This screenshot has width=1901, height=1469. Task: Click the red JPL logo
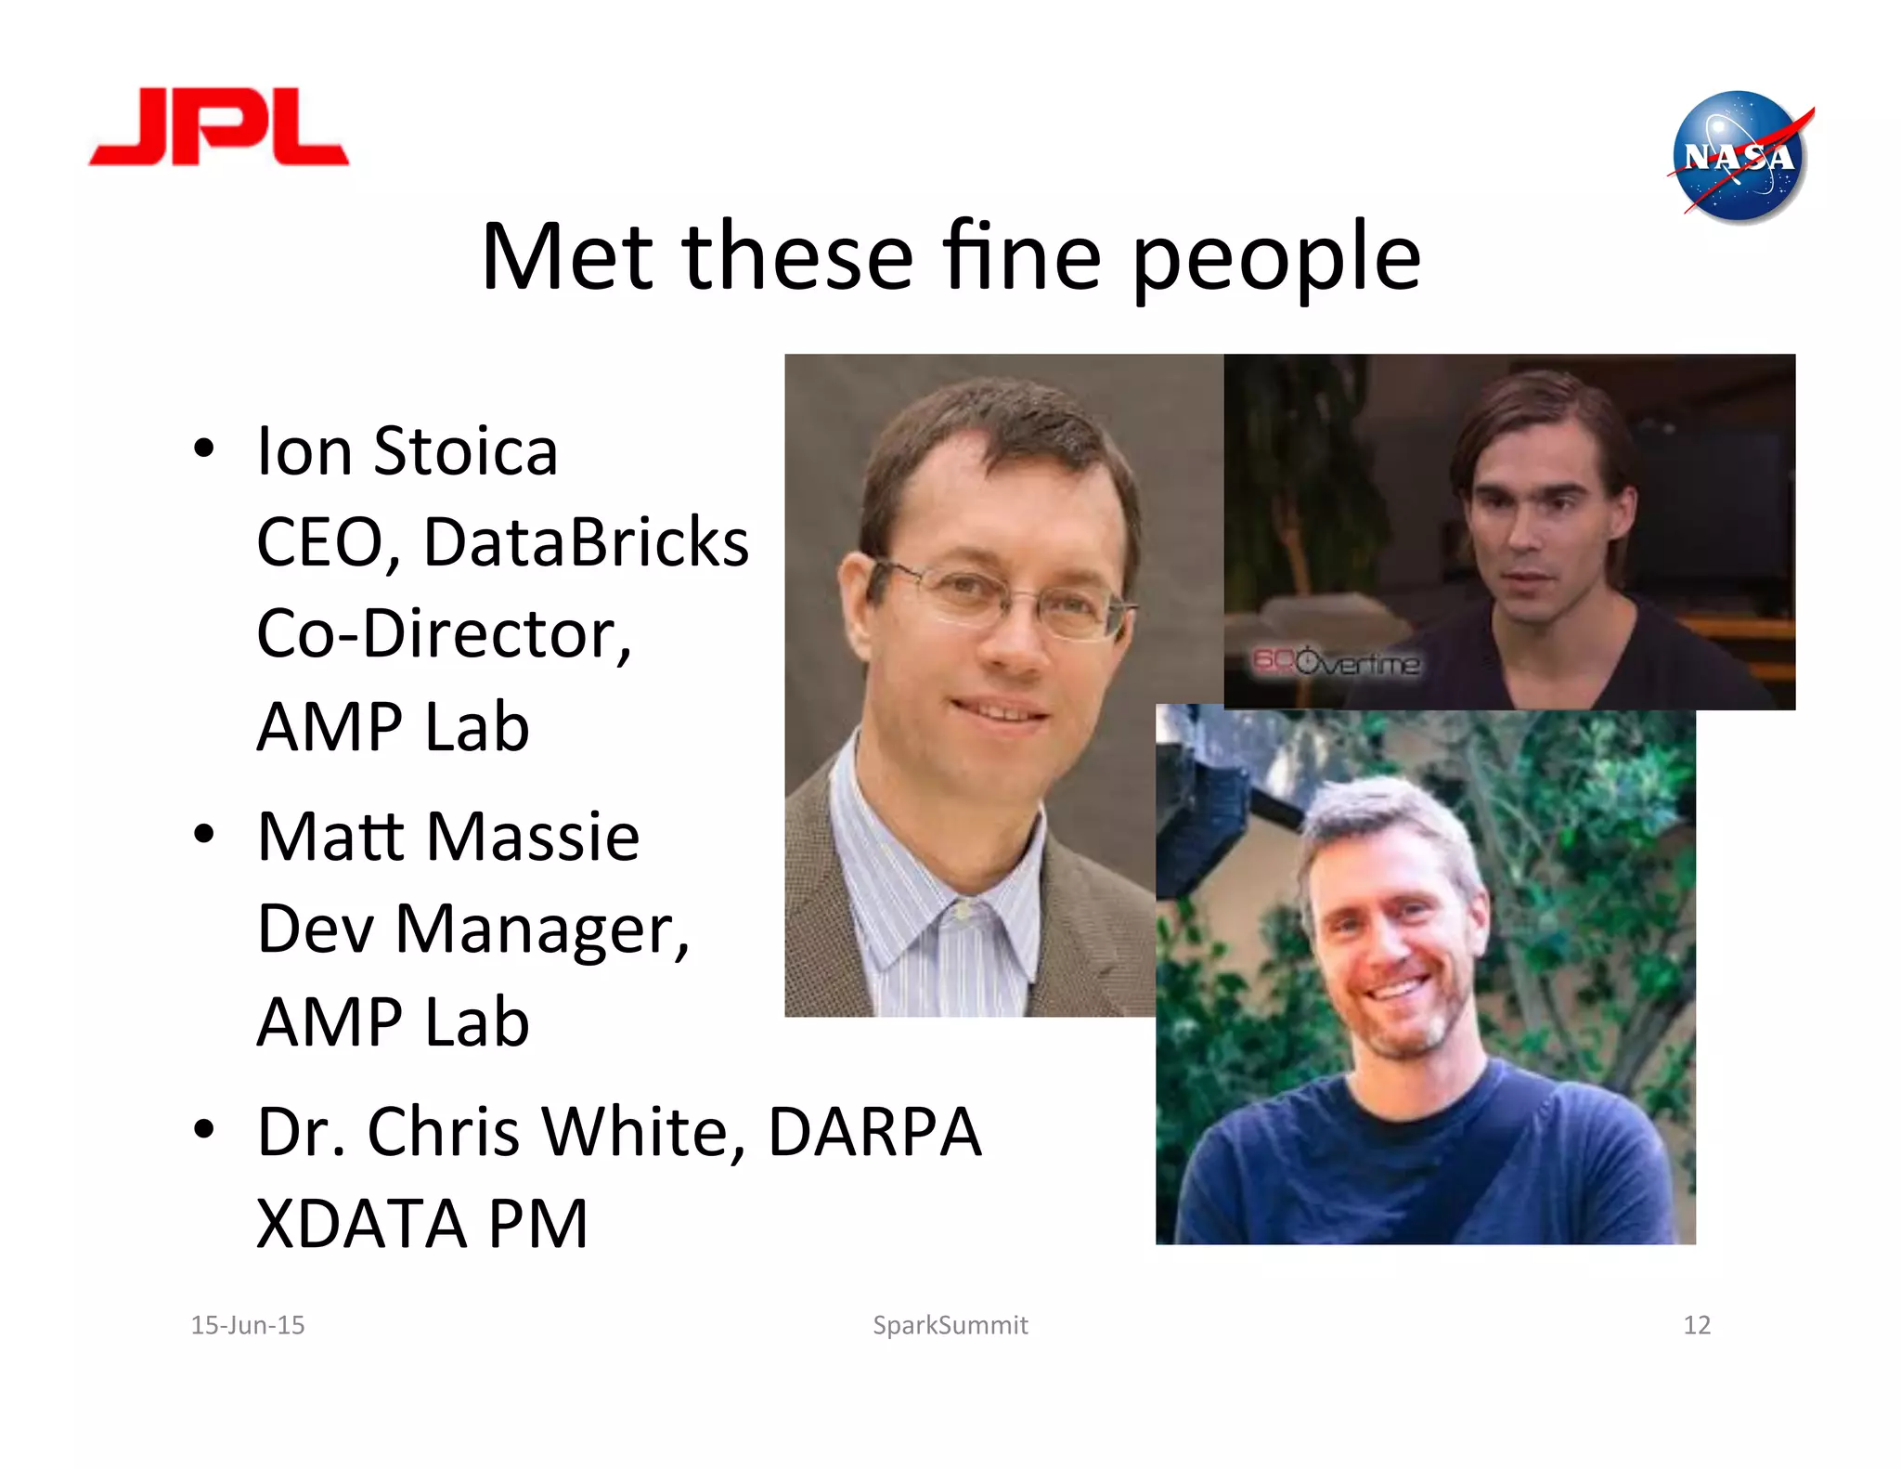[x=219, y=128]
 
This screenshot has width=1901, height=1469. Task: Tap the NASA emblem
[x=1739, y=156]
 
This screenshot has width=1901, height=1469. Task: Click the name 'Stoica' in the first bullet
[x=465, y=451]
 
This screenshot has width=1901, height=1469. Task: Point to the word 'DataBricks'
[x=586, y=542]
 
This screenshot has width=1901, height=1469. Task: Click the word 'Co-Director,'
[x=444, y=634]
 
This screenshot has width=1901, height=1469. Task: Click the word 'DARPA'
[x=874, y=1132]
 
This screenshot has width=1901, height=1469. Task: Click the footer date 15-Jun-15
[x=248, y=1325]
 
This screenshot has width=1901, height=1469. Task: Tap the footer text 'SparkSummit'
[x=950, y=1325]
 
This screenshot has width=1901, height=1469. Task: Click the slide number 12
[x=1696, y=1325]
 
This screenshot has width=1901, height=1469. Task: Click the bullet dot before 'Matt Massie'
[x=204, y=835]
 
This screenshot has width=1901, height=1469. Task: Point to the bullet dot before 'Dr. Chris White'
[x=204, y=1129]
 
